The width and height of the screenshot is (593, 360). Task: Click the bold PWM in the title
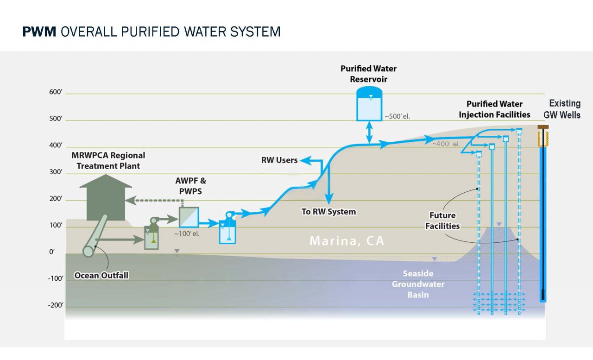39,32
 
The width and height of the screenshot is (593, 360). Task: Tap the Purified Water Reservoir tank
369,105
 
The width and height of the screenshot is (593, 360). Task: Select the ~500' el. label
397,116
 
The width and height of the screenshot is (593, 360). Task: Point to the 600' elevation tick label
56,92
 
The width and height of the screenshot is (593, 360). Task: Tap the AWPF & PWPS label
190,185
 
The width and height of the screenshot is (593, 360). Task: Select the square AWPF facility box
189,217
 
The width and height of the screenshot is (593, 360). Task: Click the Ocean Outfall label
101,276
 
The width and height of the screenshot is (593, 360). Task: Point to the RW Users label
279,160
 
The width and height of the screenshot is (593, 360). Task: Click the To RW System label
328,212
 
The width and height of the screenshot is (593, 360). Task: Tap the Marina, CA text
347,241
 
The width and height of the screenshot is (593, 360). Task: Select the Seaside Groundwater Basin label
418,284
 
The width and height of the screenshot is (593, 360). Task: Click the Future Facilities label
442,221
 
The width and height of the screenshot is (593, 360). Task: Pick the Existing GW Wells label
564,109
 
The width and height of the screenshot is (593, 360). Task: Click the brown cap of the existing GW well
543,127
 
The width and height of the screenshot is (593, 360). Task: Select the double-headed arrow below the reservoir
369,133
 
